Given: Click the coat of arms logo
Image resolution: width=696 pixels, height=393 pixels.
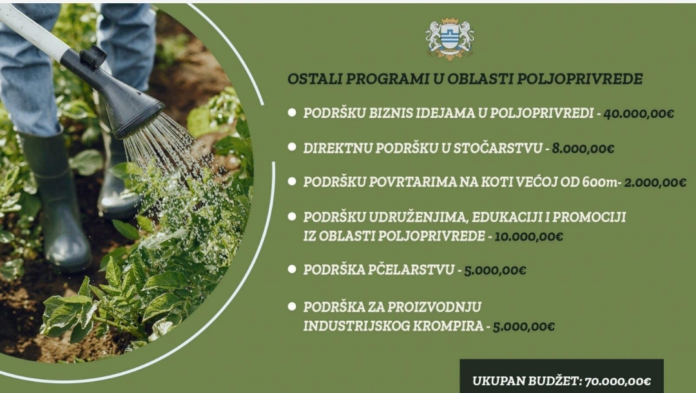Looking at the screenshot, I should (450, 39).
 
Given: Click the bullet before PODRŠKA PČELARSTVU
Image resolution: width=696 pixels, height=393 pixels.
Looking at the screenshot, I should (292, 269).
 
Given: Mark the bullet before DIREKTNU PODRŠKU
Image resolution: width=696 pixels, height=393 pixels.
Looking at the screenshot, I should (292, 148).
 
